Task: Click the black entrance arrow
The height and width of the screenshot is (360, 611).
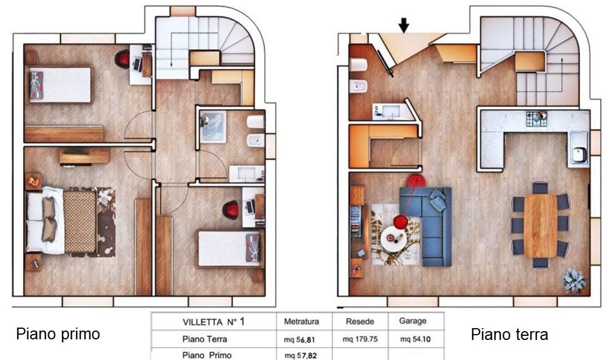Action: click(404, 25)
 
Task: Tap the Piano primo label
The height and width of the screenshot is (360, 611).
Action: click(58, 334)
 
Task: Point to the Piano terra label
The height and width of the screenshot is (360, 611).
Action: click(509, 334)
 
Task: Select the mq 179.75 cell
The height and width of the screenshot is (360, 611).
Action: click(360, 339)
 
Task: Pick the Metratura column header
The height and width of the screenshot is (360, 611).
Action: click(301, 322)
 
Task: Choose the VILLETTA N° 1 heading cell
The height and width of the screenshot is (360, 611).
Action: click(213, 322)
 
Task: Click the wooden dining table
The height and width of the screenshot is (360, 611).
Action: click(540, 226)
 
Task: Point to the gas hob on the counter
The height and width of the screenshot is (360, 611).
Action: click(537, 119)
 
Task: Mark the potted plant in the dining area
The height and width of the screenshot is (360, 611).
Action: click(574, 280)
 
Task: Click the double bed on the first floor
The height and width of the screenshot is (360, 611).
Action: click(61, 221)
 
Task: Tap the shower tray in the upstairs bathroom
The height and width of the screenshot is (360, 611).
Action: click(213, 127)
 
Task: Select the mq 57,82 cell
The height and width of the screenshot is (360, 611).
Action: click(300, 355)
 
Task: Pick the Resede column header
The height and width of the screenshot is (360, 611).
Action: click(360, 322)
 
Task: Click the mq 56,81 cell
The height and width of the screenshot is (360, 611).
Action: click(300, 339)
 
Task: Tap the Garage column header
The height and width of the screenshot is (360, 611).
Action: click(412, 321)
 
